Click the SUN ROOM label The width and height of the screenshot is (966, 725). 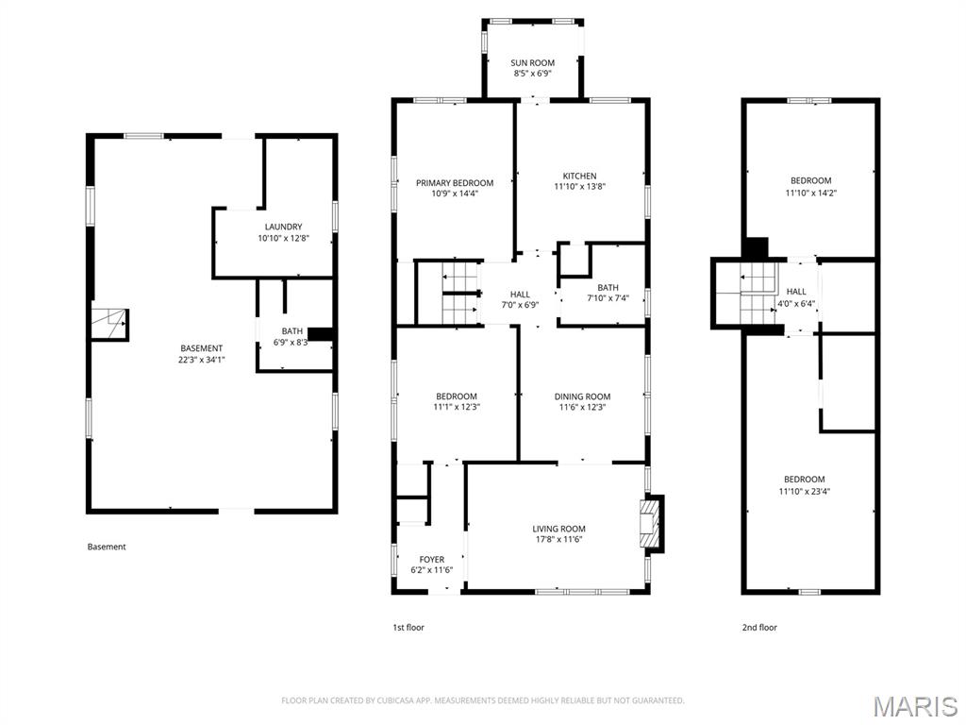coord(532,63)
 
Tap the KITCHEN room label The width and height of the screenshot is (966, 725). coord(579,177)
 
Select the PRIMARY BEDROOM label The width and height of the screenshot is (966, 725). coord(455,183)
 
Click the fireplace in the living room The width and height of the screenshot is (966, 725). coord(651,522)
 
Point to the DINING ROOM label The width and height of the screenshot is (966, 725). coord(582,396)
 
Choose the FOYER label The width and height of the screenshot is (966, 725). coord(432,560)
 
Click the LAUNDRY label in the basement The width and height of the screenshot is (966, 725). coord(283,227)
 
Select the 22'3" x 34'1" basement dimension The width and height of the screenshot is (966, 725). coord(202,360)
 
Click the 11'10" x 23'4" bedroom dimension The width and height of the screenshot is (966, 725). coord(804,492)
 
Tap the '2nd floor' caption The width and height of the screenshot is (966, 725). coord(758,628)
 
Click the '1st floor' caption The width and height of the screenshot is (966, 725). coord(408,628)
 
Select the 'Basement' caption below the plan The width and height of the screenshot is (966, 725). coord(107,547)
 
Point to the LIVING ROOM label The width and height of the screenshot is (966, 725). coord(558,529)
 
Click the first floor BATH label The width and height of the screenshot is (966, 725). coord(608,288)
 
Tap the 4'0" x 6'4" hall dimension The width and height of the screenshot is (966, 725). coord(796,304)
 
